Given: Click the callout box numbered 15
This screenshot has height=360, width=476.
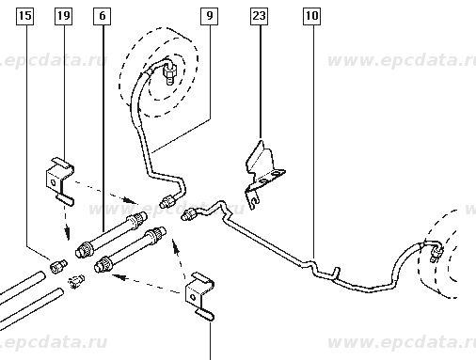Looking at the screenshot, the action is [25, 16].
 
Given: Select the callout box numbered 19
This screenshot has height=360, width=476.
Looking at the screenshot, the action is [64, 16].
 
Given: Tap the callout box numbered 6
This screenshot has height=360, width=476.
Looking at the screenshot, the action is [103, 16].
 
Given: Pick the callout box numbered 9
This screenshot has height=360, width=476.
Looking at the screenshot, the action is [210, 16].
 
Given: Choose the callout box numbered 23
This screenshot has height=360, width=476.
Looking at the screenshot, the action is [260, 16].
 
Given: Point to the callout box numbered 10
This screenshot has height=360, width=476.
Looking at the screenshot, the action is [312, 16].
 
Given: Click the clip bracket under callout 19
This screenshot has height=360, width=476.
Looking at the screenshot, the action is [60, 181].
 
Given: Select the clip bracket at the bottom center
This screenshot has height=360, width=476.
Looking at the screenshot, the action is [199, 296].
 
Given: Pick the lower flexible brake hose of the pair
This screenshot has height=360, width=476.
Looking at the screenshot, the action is [130, 250].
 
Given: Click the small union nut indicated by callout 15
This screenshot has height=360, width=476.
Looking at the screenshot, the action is [58, 266].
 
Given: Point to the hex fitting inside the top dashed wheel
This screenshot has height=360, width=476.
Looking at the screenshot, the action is [169, 73].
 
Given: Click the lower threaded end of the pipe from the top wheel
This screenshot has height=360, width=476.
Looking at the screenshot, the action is [167, 201].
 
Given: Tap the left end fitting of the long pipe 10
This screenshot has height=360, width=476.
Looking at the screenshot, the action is [190, 214].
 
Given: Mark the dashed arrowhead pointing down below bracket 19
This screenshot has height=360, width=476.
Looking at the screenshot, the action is [68, 233].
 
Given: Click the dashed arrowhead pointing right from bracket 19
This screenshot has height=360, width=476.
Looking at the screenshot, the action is [130, 200].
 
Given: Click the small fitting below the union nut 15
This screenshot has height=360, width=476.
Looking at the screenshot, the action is [76, 281].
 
